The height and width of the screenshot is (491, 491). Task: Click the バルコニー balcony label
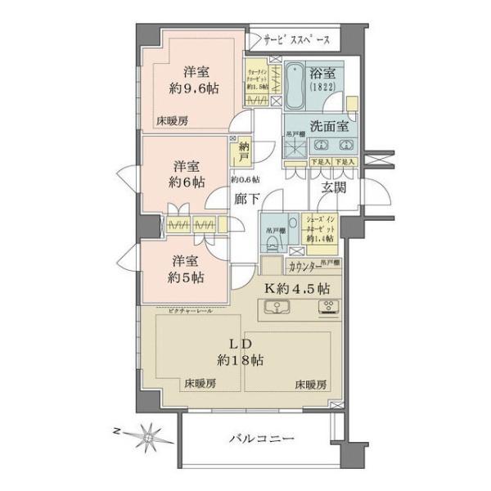[259, 439]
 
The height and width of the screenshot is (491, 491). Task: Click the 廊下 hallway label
[245, 197]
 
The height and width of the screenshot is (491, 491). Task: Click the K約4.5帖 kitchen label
[299, 288]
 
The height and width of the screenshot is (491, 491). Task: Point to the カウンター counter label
[304, 266]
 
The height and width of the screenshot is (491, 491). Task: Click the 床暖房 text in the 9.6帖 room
[173, 120]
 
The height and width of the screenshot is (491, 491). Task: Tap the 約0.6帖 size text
[245, 179]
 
